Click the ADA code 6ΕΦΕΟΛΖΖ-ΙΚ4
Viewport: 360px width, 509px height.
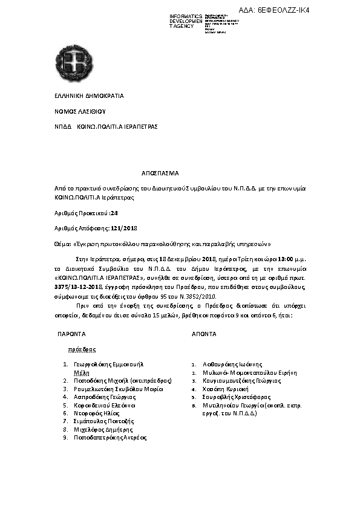coord(291,11)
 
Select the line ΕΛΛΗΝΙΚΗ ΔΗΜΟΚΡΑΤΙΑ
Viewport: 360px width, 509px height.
coord(89,96)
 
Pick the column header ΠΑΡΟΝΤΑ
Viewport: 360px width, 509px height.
coord(71,334)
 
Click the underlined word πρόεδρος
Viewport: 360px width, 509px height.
coord(82,349)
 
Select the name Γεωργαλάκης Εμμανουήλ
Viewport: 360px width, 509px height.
coord(109,365)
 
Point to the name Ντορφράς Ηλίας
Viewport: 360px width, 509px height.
coord(97,413)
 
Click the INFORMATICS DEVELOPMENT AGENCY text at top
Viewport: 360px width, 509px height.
coord(186,21)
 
